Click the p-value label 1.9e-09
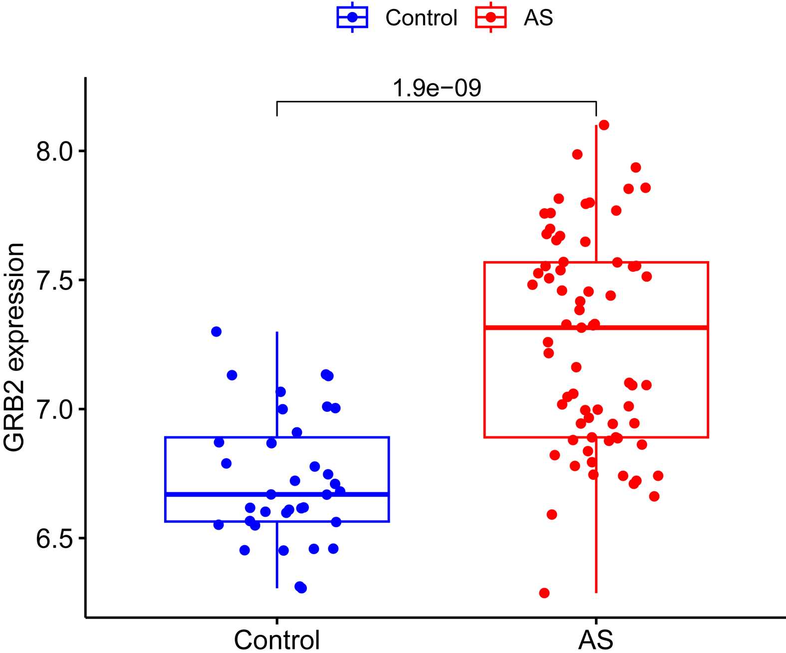[x=437, y=88]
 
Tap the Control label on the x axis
[x=277, y=640]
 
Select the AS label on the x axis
[x=596, y=640]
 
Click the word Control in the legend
[x=421, y=18]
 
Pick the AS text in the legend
[x=538, y=18]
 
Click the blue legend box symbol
[x=352, y=17]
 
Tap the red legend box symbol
[x=491, y=17]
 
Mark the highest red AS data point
[x=604, y=125]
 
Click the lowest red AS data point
[x=544, y=593]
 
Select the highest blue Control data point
[x=216, y=331]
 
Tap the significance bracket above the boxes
[x=437, y=101]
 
